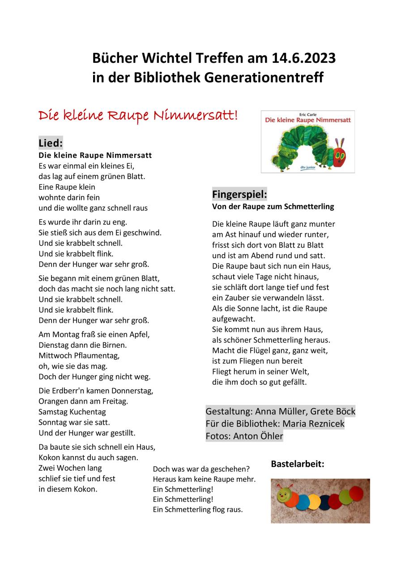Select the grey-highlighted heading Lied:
click(x=51, y=143)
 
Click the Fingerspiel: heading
click(x=239, y=195)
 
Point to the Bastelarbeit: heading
click(x=297, y=464)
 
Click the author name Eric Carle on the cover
click(x=308, y=114)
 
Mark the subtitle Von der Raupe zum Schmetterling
click(x=273, y=207)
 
